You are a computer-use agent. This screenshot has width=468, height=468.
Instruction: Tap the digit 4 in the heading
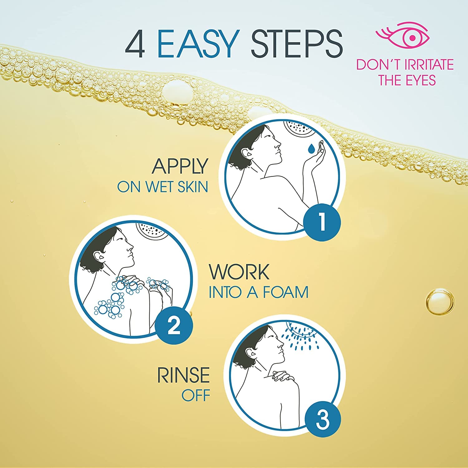[x=135, y=44]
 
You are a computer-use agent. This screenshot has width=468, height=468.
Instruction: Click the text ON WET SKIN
[x=162, y=187]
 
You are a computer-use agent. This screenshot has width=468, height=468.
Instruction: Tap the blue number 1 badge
[x=322, y=222]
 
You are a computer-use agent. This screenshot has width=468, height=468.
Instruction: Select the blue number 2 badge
[x=174, y=326]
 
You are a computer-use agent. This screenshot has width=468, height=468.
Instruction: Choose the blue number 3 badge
[x=322, y=419]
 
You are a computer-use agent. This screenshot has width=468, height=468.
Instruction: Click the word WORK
[x=239, y=272]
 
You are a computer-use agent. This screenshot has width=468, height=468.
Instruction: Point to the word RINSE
[x=183, y=375]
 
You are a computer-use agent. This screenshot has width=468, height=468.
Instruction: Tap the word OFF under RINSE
[x=196, y=396]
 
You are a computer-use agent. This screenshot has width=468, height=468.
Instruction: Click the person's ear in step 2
[x=100, y=256]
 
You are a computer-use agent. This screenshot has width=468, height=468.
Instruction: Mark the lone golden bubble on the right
[x=440, y=302]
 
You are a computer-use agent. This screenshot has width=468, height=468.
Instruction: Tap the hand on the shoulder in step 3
[x=282, y=376]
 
